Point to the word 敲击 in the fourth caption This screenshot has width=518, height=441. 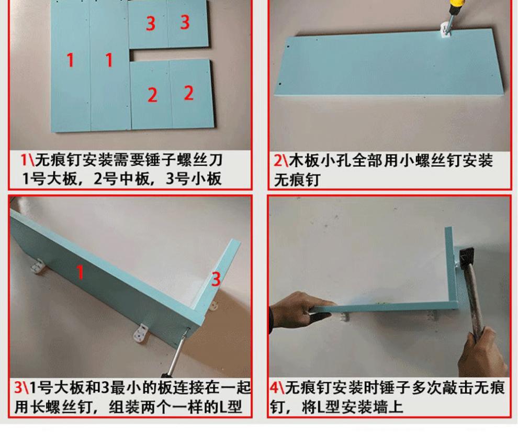click(x=455, y=388)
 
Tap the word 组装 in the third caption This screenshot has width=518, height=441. click(x=124, y=407)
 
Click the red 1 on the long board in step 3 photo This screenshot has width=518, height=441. click(x=80, y=272)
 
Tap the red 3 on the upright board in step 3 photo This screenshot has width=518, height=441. click(x=216, y=280)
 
